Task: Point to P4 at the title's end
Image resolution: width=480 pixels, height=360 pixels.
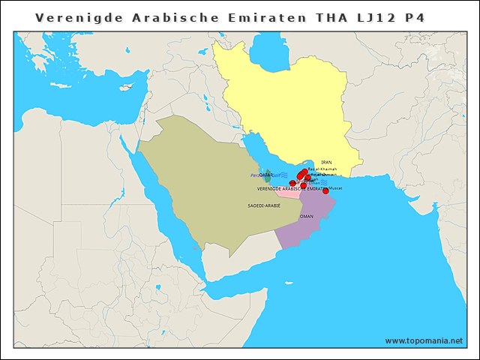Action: [415, 16]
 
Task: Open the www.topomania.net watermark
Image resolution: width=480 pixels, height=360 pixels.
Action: [424, 340]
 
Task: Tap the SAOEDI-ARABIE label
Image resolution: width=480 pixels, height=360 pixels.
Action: [263, 204]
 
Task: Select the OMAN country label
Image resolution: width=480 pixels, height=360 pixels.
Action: [306, 216]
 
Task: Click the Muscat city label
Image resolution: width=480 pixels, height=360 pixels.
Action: [335, 187]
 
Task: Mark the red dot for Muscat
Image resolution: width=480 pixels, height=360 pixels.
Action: [325, 190]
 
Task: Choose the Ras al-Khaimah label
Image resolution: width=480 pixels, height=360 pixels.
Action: [322, 169]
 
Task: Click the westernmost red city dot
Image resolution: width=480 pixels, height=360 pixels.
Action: [292, 183]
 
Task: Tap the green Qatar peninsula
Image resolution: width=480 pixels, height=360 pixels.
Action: [268, 178]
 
